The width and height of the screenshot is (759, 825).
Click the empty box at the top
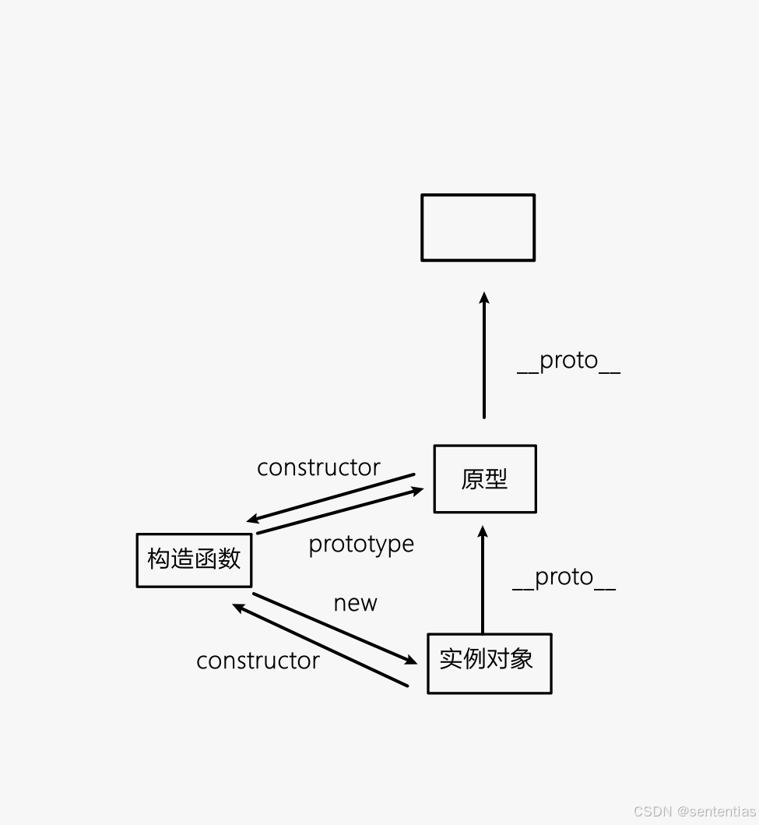(x=478, y=227)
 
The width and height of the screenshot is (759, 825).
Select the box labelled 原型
(x=485, y=479)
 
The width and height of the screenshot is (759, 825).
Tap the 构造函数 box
(x=194, y=559)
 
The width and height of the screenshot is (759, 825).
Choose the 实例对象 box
(x=489, y=664)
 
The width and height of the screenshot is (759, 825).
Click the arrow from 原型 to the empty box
(x=483, y=358)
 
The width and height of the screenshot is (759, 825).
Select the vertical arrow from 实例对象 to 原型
(x=483, y=580)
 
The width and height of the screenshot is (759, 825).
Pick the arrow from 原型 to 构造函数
(x=331, y=497)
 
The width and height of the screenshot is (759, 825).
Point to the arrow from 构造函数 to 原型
(x=340, y=511)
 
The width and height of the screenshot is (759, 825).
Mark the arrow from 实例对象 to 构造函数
(x=319, y=644)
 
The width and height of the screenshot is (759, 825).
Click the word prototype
(x=361, y=545)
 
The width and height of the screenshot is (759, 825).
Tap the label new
(x=355, y=603)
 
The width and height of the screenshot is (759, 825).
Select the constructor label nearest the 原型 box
(x=318, y=467)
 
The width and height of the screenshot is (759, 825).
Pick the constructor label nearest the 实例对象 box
(x=258, y=661)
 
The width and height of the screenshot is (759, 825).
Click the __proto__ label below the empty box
(x=568, y=361)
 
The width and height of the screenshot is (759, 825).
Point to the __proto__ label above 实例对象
(x=564, y=577)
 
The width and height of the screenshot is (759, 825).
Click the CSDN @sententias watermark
(x=694, y=811)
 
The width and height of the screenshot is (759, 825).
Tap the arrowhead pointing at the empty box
(x=483, y=298)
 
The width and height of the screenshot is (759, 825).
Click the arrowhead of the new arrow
(x=410, y=660)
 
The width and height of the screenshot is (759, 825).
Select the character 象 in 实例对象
(x=522, y=659)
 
